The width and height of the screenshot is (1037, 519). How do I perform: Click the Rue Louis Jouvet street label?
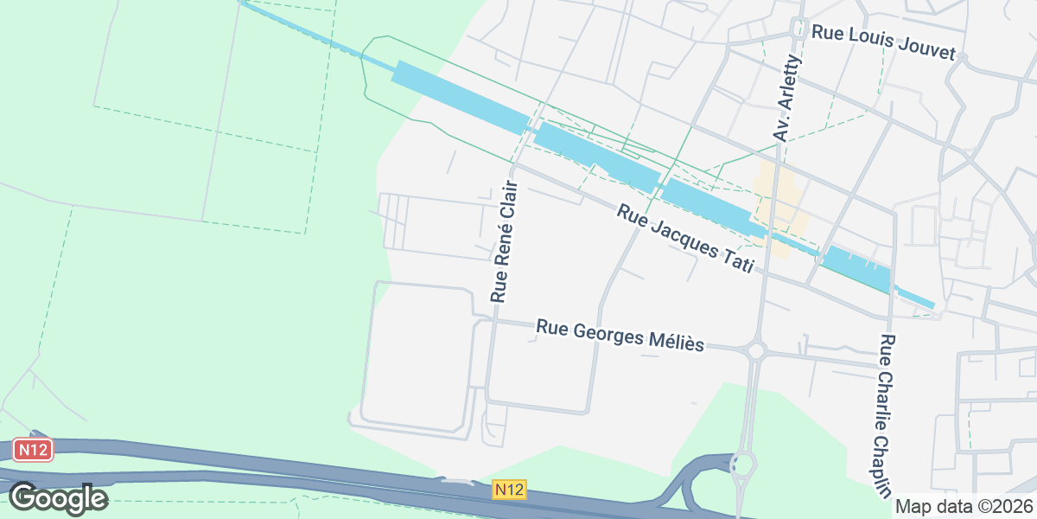(883, 42)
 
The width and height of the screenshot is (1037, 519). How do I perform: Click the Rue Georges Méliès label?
(620, 335)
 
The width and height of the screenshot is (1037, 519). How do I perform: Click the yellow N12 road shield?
(510, 490)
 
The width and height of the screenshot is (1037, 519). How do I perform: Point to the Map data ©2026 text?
(964, 506)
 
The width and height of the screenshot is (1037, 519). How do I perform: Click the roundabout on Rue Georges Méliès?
(757, 350)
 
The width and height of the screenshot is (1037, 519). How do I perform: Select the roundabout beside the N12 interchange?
(741, 465)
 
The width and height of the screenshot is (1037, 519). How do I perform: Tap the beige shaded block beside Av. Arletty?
(780, 208)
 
